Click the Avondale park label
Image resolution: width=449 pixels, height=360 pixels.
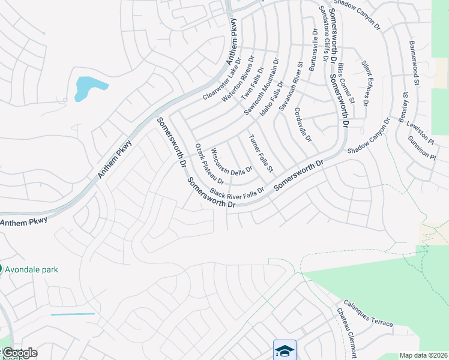click(32, 269)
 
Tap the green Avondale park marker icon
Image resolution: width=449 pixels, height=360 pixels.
click(1, 269)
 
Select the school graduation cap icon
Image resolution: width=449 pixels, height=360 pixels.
click(285, 350)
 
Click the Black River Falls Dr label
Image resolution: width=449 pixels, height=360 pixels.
click(237, 193)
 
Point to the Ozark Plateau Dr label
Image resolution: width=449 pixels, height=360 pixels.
click(210, 163)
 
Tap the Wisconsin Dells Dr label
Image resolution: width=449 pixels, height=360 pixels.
click(232, 159)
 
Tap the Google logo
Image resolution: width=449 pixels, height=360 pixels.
click(19, 353)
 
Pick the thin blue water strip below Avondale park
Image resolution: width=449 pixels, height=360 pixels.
click(73, 314)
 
